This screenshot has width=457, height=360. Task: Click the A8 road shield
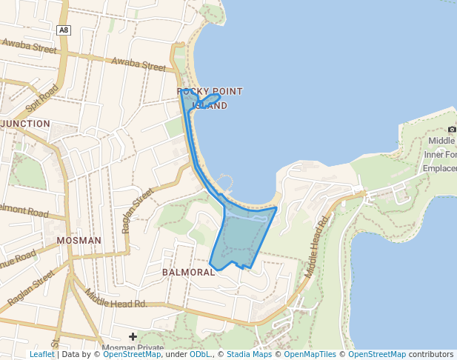click(x=64, y=30)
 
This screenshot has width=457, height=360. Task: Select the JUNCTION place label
click(x=27, y=124)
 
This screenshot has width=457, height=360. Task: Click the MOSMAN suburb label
click(x=79, y=241)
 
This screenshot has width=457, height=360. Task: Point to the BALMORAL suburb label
click(x=188, y=272)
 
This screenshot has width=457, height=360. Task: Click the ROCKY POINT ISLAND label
click(x=210, y=99)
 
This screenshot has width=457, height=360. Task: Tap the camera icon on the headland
click(x=452, y=130)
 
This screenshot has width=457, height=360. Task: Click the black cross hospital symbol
click(x=133, y=337)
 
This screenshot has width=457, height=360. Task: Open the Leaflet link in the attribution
click(x=42, y=355)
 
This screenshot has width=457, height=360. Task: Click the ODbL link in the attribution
click(x=199, y=355)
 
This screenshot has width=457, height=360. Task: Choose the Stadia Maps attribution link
click(x=249, y=355)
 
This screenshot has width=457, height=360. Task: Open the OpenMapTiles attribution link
click(x=310, y=355)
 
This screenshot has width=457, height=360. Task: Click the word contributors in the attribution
click(x=431, y=355)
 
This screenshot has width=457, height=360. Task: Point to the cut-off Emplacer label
click(x=439, y=168)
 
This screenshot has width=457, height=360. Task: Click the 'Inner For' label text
click(x=440, y=155)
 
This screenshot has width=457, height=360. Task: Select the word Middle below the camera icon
click(x=441, y=141)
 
